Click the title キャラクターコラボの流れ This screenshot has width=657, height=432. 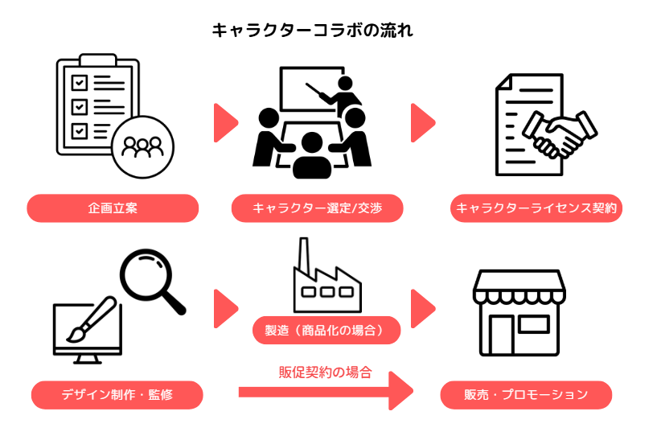313,31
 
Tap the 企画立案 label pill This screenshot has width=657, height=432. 113,208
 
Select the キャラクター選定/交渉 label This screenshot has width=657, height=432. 317,208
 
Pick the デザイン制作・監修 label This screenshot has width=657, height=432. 117,395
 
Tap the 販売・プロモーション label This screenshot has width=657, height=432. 526,395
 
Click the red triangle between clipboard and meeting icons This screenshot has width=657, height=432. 224,123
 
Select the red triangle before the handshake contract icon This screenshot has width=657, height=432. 421,123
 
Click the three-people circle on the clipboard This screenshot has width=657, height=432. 142,146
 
